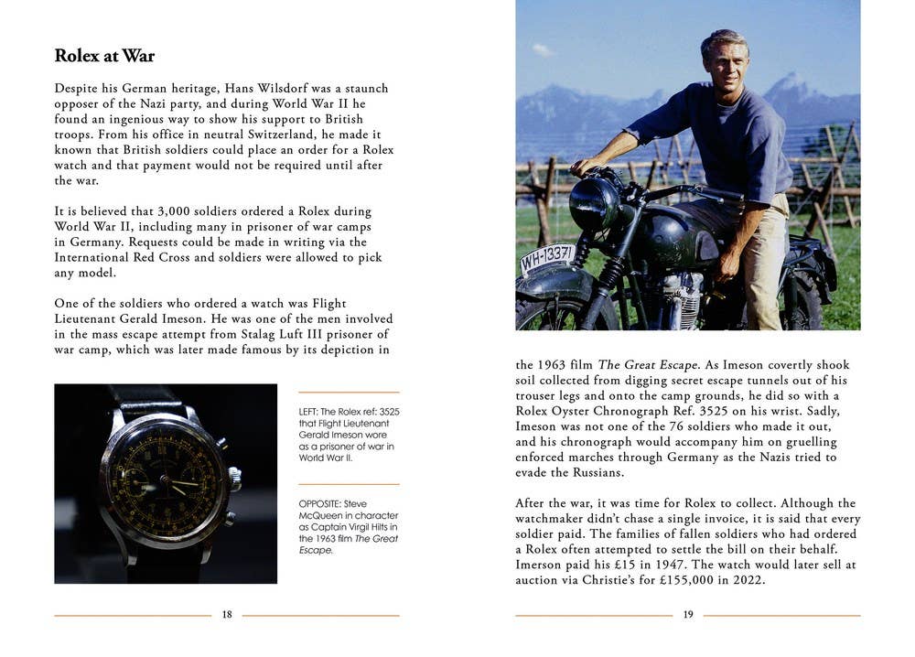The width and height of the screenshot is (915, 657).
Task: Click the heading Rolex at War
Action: (104, 56)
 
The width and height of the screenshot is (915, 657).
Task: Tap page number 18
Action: (227, 615)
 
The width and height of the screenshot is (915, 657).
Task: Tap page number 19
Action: (688, 615)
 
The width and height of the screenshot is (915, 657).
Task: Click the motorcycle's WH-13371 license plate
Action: (547, 258)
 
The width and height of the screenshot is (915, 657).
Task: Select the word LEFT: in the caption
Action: (311, 412)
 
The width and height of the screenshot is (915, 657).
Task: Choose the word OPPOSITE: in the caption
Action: (322, 503)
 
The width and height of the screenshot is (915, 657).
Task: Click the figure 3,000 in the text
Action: (181, 211)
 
